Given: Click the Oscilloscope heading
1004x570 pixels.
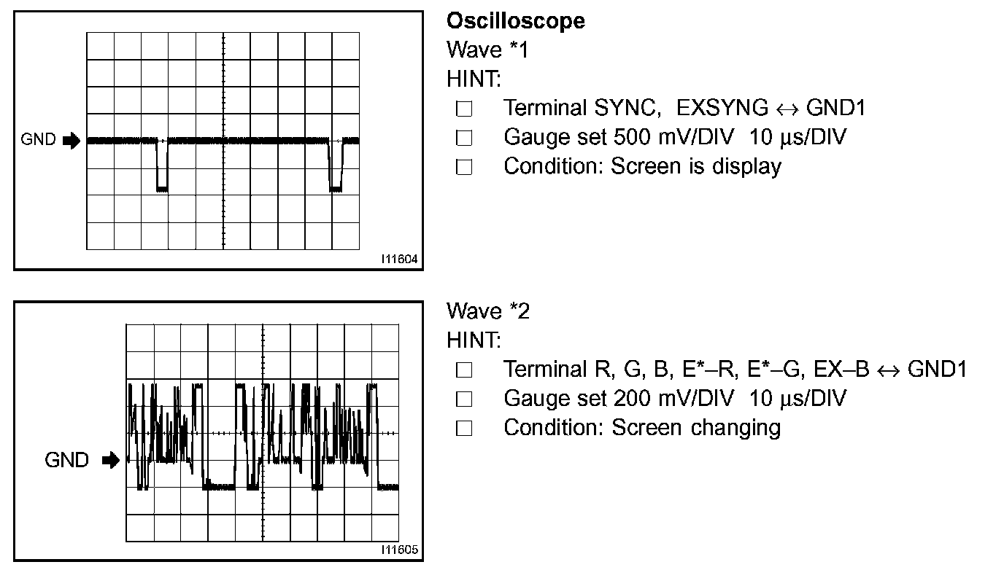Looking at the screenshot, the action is tap(516, 21).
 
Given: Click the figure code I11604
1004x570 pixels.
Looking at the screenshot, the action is tap(399, 259).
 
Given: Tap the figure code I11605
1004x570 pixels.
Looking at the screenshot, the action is tap(399, 550).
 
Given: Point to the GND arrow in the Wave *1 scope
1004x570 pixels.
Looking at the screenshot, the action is tap(72, 141).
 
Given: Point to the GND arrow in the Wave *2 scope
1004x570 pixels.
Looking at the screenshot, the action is tap(111, 460).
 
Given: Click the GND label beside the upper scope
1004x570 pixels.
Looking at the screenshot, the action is tap(38, 140).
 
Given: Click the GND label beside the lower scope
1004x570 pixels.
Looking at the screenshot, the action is tap(67, 460).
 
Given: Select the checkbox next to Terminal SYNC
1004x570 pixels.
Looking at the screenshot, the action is tap(464, 109).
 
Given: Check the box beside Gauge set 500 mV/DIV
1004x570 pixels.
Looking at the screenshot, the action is tap(464, 138).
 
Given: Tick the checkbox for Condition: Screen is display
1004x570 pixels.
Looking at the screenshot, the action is tap(464, 167).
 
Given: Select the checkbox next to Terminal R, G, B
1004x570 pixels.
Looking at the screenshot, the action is tap(464, 370).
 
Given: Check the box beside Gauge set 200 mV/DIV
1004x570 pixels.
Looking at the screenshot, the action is tap(464, 399).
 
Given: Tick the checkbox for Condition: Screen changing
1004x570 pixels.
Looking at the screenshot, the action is tap(464, 428).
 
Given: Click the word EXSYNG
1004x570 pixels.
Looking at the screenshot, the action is tap(722, 108).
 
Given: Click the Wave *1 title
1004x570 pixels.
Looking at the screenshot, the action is tap(487, 50).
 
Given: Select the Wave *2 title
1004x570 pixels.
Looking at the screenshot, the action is tap(488, 311).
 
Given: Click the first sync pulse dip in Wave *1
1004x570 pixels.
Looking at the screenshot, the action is tap(162, 165).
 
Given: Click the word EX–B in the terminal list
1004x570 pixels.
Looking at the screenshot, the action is tap(841, 370).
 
